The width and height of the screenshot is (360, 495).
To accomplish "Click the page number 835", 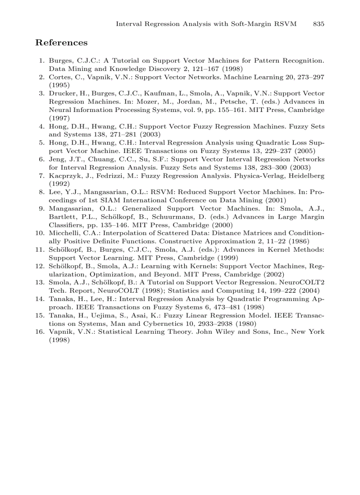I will pos(319,24).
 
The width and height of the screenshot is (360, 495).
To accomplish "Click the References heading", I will pos(61,43).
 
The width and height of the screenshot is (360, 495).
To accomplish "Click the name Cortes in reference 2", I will pos(59,77).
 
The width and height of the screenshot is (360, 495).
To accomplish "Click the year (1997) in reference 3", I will pos(59,118).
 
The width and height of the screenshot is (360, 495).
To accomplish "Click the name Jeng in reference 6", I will pos(57,159).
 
